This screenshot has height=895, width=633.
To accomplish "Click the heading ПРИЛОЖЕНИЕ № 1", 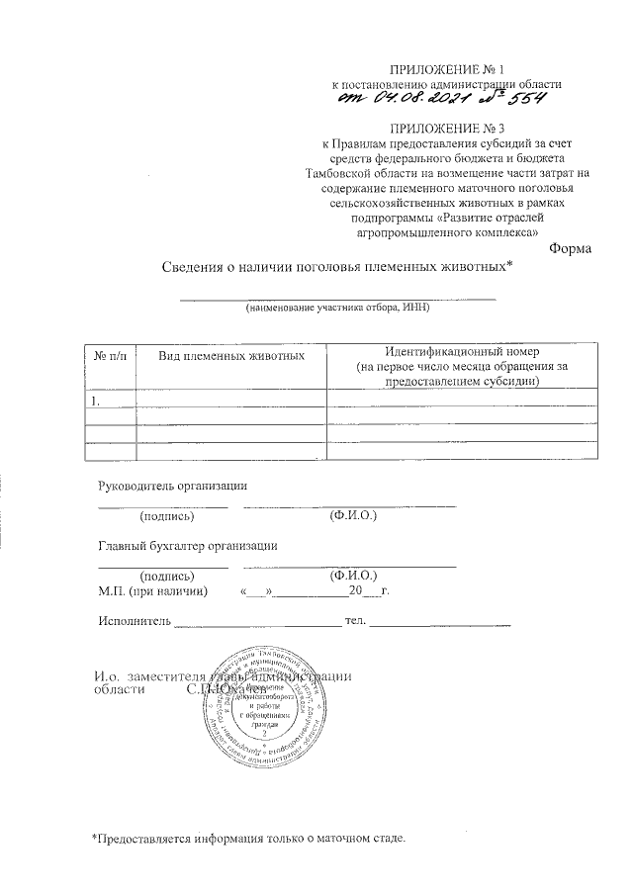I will pos(446,70).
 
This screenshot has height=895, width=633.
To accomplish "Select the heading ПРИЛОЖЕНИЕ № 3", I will pos(446,128).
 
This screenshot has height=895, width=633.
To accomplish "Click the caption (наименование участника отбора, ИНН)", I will pos(337,309).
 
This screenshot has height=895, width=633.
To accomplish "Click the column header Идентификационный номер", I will pos(463,352).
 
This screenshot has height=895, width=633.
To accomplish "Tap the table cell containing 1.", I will pos(95,402).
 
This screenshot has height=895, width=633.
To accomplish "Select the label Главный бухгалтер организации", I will pos(187,545).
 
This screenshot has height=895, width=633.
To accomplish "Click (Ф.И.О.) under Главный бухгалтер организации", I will pos(351,575).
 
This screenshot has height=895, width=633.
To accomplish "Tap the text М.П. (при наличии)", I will pos(152,591).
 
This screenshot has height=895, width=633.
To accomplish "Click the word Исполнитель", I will pos(134,621).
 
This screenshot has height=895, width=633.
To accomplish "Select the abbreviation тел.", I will pos(355,621).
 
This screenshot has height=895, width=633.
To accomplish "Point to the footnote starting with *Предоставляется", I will pos(248,838).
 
